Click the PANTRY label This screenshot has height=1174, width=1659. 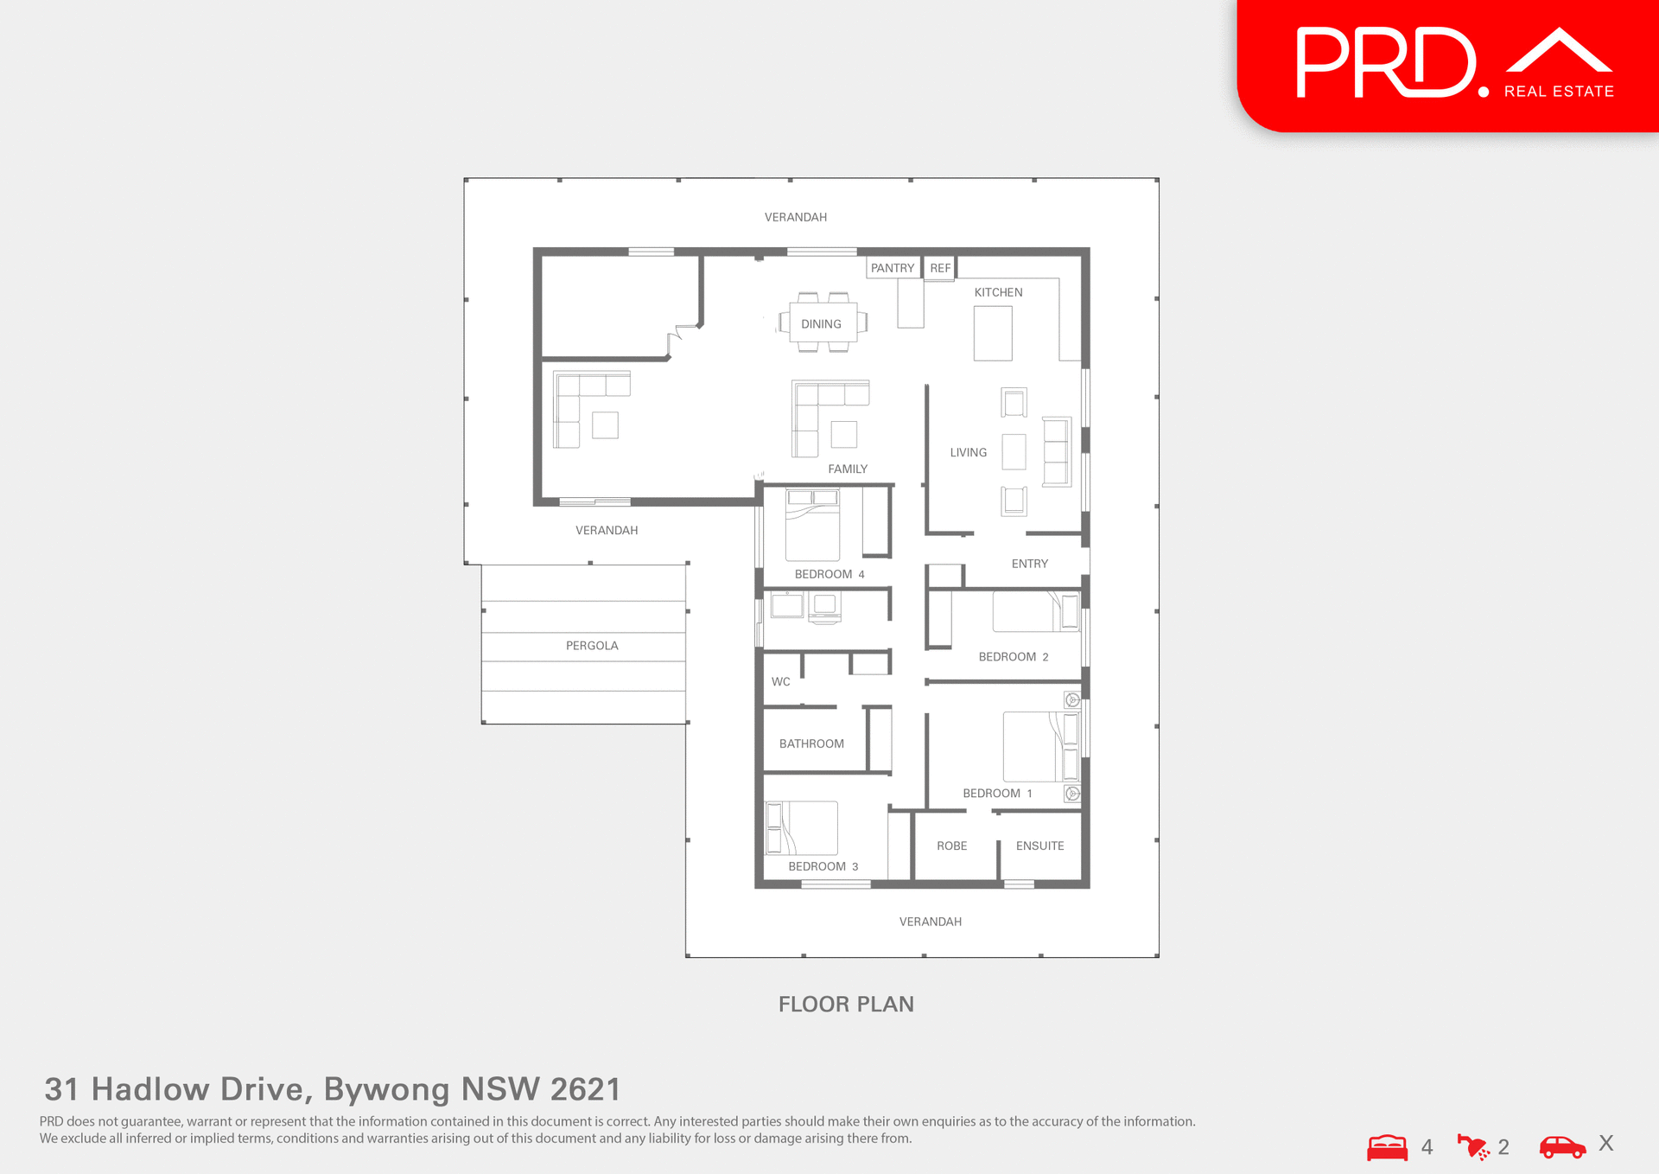[x=892, y=268]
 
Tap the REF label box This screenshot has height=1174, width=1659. [x=939, y=268]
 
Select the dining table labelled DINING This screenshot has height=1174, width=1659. [x=822, y=323]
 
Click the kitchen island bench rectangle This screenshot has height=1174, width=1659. [x=992, y=334]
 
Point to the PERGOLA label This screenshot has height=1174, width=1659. [x=592, y=646]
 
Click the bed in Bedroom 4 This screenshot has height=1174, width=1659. [x=812, y=526]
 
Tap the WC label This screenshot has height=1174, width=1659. [x=780, y=681]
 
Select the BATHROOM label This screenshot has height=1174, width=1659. [x=811, y=743]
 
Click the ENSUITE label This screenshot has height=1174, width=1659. [x=1039, y=845]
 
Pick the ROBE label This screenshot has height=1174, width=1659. [x=951, y=845]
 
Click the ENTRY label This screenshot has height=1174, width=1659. [x=1029, y=564]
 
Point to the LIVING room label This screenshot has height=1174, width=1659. [x=968, y=452]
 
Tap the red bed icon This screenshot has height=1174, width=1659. [x=1387, y=1147]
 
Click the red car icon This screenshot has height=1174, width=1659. [x=1562, y=1147]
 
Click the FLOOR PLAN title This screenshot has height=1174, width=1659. [x=846, y=1004]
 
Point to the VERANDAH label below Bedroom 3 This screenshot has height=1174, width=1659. [x=930, y=922]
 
